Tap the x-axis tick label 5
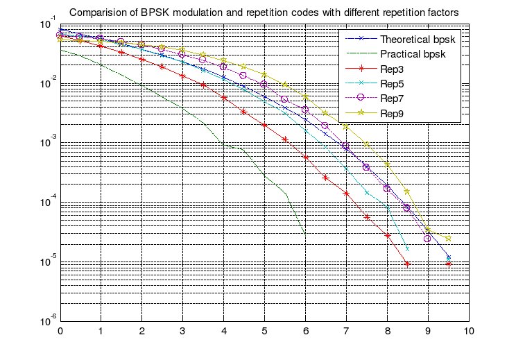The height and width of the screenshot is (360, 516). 265,332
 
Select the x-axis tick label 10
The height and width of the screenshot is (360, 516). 469,332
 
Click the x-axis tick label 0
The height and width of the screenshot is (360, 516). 60,332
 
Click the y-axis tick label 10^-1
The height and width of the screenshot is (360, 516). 49,26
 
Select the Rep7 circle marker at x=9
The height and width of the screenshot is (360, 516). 428,239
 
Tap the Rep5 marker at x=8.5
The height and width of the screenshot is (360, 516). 407,248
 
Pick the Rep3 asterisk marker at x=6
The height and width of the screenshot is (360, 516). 306,158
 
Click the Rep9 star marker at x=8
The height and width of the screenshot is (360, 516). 387,164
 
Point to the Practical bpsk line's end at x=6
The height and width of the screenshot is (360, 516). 305,233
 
